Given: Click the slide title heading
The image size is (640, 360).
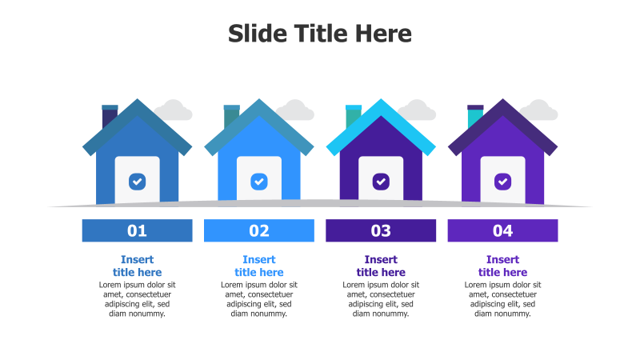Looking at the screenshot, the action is coord(319,34).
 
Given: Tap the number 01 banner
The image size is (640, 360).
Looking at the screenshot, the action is coord(137,230).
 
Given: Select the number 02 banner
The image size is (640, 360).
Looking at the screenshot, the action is coord(259,230).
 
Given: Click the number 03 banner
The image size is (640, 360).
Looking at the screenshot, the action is coord(381,230).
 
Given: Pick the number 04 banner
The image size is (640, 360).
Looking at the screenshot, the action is coord(503,230).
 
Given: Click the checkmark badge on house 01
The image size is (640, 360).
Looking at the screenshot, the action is coord(137,182).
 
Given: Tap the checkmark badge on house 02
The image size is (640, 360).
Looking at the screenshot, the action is coord(259,182).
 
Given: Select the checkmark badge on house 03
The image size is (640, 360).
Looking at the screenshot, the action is coord(381,182).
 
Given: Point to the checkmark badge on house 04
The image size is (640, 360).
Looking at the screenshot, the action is coord(503,182).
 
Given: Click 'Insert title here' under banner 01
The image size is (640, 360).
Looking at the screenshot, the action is coord(137,266).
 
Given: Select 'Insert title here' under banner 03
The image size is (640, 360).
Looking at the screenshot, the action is coord(381,266).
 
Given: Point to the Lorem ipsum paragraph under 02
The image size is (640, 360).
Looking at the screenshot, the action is coord(259,299).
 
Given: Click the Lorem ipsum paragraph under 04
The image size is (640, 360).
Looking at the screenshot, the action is coord(503,299).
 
